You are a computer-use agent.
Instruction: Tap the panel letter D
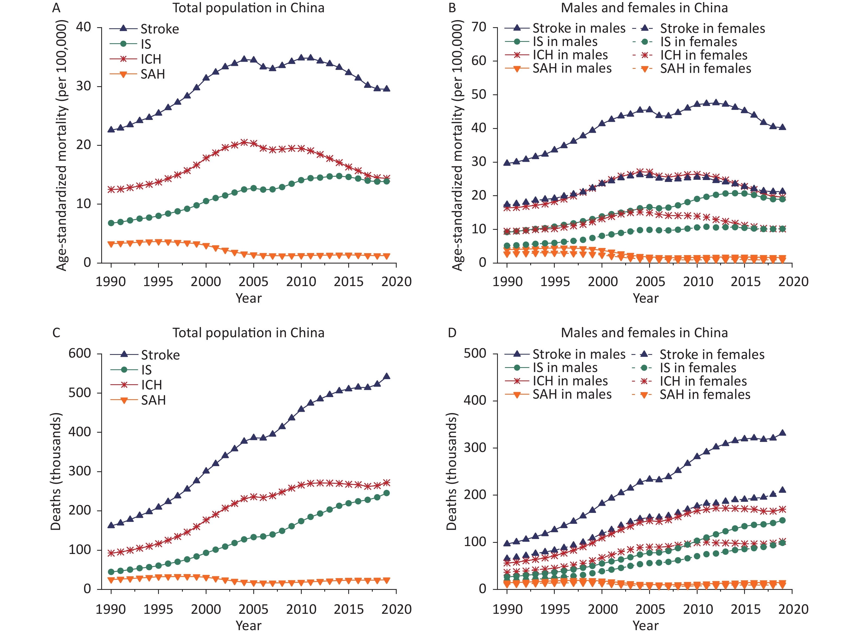452,333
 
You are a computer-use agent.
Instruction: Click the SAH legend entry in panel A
152,74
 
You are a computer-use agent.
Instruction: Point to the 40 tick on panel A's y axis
84,27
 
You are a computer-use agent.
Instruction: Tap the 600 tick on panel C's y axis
80,354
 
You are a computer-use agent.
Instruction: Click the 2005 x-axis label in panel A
253,282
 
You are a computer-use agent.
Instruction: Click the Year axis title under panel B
646,298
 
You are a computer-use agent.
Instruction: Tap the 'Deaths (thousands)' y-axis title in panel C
56,472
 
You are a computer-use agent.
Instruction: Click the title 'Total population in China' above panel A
248,8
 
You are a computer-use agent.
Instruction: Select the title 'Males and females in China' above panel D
645,333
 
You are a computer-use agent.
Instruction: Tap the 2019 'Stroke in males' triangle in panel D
782,433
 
